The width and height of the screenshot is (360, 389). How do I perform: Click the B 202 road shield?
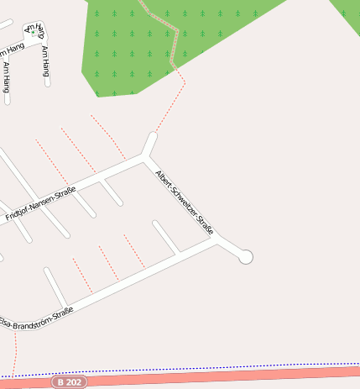pyautogui.click(x=69, y=381)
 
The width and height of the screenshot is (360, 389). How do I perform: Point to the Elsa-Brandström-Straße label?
pyautogui.click(x=36, y=318)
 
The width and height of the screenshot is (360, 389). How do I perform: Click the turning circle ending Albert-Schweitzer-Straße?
pyautogui.click(x=246, y=257)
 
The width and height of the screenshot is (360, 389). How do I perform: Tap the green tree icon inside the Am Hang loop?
pyautogui.click(x=34, y=33)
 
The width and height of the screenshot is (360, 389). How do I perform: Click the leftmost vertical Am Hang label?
pyautogui.click(x=7, y=76)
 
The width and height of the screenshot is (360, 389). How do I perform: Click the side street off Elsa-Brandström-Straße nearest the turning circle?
pyautogui.click(x=165, y=236)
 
